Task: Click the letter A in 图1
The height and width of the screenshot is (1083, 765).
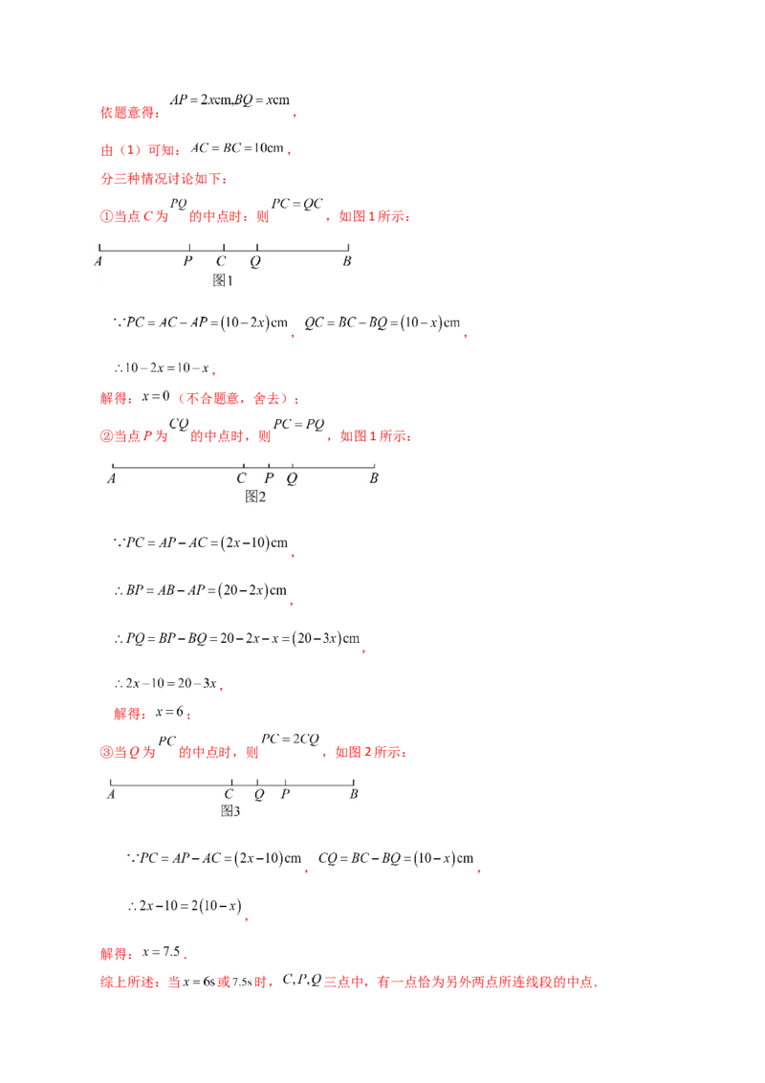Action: pos(99,260)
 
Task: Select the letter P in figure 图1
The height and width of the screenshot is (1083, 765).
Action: pos(188,260)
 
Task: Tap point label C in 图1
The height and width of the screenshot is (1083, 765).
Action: pos(221,260)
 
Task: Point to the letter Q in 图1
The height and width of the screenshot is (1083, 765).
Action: pos(255,260)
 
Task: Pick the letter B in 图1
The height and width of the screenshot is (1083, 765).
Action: pos(347,260)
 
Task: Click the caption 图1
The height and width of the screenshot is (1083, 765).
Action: pos(223,280)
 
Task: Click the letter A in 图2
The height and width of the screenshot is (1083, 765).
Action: pos(112,478)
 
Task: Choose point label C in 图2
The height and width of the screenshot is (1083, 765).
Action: pos(242,478)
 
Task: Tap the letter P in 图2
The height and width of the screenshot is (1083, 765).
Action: pos(269,478)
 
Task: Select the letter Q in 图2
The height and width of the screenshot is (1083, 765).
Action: pos(292,478)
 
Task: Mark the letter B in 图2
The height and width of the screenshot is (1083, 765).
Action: pos(375,478)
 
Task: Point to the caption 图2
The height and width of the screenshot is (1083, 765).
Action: pos(255,497)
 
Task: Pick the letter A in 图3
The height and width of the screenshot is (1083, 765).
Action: pos(111,794)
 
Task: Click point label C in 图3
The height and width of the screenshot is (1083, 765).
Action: pos(229,794)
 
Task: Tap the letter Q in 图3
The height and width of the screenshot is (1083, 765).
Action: pos(259,794)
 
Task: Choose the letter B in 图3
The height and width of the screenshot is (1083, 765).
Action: pos(354,794)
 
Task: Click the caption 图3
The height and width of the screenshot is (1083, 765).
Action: pos(229,811)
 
